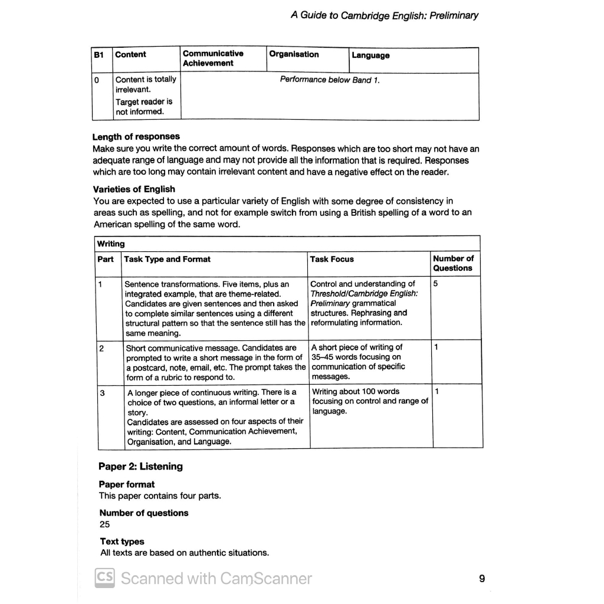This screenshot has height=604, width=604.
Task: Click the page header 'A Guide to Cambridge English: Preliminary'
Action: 385,16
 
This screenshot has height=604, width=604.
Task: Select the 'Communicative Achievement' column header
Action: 212,58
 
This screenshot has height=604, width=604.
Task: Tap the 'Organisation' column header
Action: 294,54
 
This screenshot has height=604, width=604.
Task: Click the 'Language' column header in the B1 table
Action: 370,55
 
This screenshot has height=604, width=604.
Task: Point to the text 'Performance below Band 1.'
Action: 330,80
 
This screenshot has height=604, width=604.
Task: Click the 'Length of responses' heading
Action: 136,136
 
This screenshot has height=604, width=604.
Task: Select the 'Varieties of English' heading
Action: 134,189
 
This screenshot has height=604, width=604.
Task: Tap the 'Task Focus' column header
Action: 332,259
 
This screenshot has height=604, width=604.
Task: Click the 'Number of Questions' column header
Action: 453,263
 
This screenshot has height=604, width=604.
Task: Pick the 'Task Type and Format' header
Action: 168,259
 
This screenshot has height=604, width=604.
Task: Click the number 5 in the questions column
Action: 435,284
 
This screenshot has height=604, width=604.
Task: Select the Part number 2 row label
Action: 101,348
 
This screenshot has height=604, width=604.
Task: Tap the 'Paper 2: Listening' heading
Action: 140,467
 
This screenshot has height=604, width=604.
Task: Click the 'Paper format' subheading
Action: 127,484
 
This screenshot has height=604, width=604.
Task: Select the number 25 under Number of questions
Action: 104,524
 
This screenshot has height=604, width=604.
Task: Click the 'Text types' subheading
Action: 122,541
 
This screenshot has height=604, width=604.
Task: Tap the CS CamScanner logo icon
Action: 104,577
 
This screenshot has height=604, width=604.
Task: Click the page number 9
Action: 482,579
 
